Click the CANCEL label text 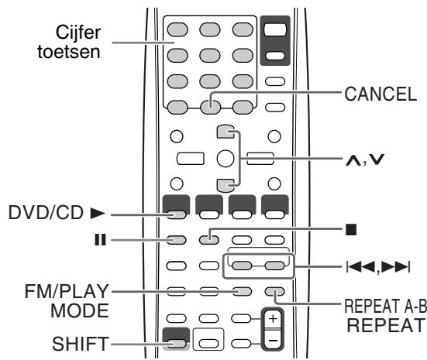point(381,94)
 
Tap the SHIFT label point(81,344)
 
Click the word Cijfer point(78,33)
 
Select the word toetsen point(69,52)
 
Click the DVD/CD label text point(46,213)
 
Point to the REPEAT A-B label point(386,306)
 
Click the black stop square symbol point(351,229)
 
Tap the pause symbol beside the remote point(100,240)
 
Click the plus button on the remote point(273,319)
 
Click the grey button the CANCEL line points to point(210,107)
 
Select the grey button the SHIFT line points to point(177,344)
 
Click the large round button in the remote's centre point(226,159)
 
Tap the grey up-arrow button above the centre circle point(226,132)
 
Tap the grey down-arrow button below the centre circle point(226,186)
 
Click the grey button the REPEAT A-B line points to point(274,292)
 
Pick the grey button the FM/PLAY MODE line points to point(242,292)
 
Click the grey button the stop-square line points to point(209,240)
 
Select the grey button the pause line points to point(177,240)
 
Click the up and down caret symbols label point(365,160)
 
